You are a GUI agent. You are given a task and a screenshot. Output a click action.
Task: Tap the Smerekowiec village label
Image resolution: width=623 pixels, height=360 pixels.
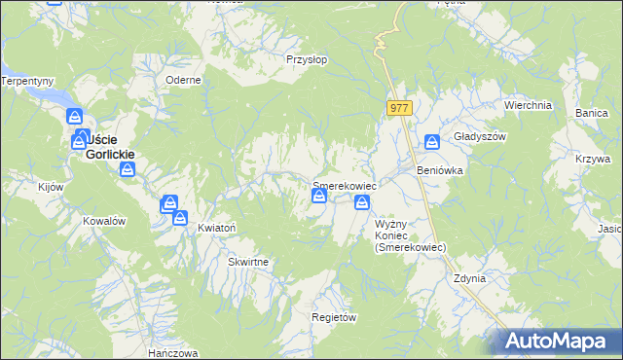click(344, 185)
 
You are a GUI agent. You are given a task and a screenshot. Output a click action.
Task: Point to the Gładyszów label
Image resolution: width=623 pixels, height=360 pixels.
click(481, 137)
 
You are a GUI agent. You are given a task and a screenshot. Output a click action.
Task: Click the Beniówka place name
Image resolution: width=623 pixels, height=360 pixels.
click(440, 170)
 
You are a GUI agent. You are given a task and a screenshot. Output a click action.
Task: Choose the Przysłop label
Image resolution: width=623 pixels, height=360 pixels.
click(306, 59)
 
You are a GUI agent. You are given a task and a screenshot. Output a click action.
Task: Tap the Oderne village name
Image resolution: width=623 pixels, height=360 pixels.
click(183, 81)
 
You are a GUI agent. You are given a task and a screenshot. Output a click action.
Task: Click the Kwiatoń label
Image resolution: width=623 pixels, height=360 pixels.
click(217, 227)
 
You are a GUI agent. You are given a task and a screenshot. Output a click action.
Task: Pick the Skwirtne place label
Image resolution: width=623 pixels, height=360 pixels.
click(248, 263)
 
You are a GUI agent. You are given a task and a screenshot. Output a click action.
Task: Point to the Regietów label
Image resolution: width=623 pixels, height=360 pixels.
click(334, 318)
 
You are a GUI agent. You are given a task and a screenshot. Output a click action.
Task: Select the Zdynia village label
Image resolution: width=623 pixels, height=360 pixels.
click(469, 278)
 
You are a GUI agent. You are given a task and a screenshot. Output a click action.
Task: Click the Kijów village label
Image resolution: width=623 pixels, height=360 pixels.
click(50, 186)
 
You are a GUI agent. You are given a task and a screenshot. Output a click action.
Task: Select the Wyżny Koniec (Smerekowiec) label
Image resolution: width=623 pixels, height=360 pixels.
click(410, 235)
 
